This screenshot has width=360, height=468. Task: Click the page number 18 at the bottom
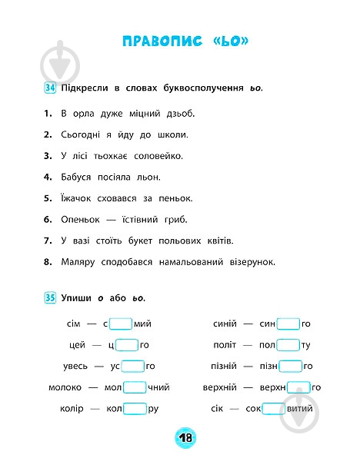[x=185, y=439]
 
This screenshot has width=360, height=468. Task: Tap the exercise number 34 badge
[x=51, y=88]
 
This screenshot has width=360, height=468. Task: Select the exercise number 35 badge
[x=51, y=297]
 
